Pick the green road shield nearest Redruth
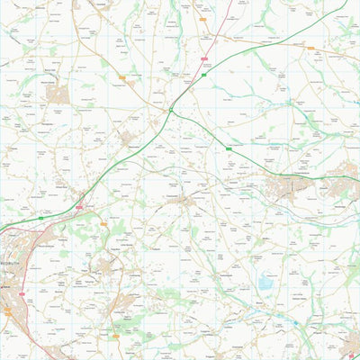(x=41, y=217)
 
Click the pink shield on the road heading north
(x=204, y=58)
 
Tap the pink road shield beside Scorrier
(x=79, y=208)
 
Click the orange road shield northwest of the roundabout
(x=122, y=78)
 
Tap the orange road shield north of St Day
(x=103, y=224)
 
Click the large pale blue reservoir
(x=266, y=284)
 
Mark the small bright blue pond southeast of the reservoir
(x=295, y=322)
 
